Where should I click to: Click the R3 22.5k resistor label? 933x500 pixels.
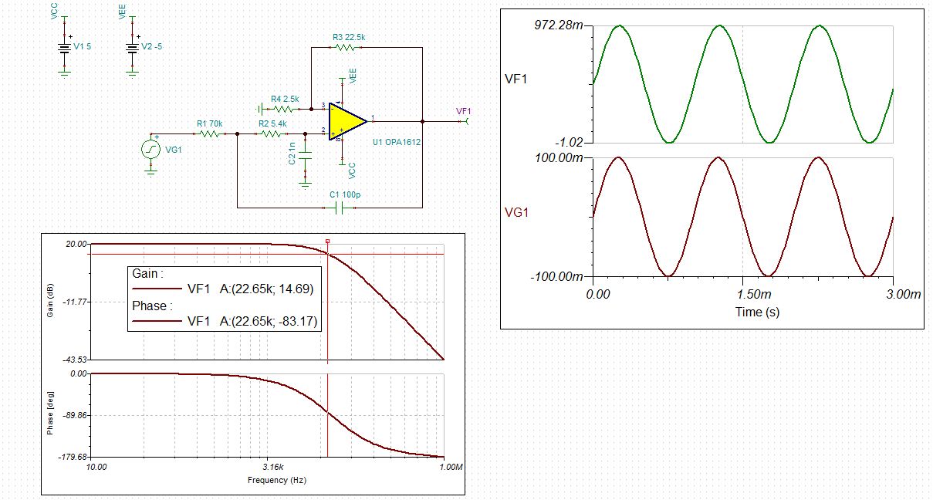pyautogui.click(x=349, y=36)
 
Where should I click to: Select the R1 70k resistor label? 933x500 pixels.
pyautogui.click(x=209, y=123)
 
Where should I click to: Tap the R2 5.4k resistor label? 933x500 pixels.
pyautogui.click(x=272, y=123)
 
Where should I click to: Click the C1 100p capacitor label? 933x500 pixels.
pyautogui.click(x=345, y=195)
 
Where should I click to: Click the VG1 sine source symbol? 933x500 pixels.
pyautogui.click(x=151, y=149)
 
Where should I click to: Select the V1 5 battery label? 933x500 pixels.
pyautogui.click(x=83, y=46)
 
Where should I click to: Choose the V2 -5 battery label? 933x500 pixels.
pyautogui.click(x=151, y=46)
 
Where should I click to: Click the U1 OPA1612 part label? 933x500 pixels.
pyautogui.click(x=396, y=143)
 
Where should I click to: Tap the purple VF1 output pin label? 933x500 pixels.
pyautogui.click(x=463, y=111)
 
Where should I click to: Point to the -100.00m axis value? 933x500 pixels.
pyautogui.click(x=559, y=276)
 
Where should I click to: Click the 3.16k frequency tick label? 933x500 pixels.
pyautogui.click(x=272, y=468)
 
